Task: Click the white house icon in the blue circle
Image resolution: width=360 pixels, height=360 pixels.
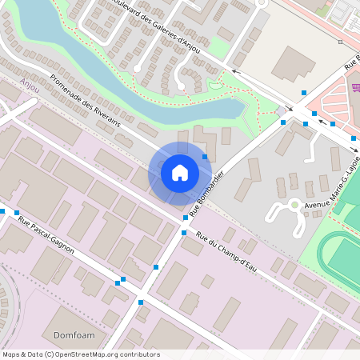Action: pos(180,172)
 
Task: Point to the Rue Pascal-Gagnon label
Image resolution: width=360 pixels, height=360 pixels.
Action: pos(46,237)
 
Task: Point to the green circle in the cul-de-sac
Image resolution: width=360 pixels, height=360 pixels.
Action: pos(294,205)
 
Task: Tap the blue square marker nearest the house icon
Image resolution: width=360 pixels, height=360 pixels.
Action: pos(205,157)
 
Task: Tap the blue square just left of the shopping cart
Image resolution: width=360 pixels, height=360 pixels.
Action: pos(333,124)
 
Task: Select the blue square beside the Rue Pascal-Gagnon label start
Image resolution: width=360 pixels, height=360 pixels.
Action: pos(3,212)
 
